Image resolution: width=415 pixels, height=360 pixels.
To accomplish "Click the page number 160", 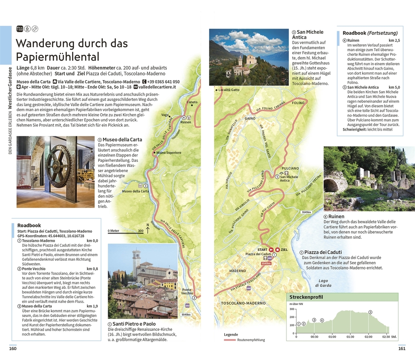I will [13, 348].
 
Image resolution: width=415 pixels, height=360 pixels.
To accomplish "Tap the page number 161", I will [402, 348].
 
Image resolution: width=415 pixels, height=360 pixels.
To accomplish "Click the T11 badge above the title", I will [20, 29].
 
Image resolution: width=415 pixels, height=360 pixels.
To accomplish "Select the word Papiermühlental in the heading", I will [57, 57].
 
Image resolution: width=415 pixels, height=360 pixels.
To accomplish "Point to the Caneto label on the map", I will [192, 102].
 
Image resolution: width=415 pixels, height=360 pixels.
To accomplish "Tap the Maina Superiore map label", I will [168, 153].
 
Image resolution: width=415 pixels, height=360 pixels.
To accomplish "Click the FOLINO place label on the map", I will [298, 103].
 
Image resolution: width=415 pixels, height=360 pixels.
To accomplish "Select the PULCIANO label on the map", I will [289, 168].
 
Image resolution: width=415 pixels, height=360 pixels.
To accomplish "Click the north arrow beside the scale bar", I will [148, 229].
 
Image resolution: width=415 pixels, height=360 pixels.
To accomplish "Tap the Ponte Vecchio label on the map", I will [187, 291].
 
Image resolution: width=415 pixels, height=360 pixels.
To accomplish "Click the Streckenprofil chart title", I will [306, 297].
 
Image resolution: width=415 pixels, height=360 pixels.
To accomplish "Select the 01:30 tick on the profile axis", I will [350, 337].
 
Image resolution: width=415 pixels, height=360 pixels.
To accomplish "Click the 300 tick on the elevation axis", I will [292, 310].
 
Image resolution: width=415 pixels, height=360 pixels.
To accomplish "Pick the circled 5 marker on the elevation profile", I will [370, 312].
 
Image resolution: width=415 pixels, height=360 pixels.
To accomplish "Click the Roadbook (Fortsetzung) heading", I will [370, 33].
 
